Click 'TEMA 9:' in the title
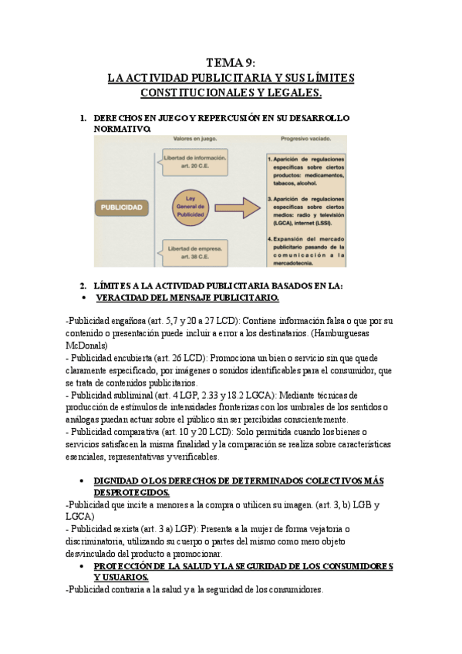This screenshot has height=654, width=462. click(x=231, y=63)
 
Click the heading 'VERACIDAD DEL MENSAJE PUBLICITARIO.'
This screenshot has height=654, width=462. click(x=187, y=297)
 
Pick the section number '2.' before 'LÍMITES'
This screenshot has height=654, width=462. click(x=84, y=285)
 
